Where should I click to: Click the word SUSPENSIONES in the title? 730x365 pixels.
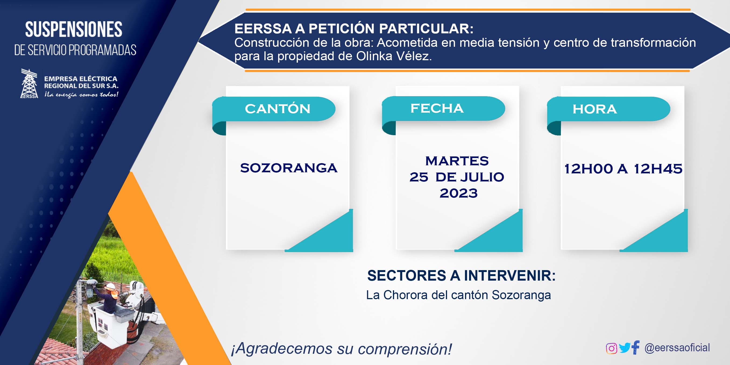tap(74, 30)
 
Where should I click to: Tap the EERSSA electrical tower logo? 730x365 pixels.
tap(29, 84)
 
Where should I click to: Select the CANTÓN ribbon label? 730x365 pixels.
tap(278, 109)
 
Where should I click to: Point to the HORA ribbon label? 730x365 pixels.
tap(595, 109)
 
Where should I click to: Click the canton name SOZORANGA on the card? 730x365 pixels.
tap(289, 168)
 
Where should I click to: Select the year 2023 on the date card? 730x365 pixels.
tap(459, 194)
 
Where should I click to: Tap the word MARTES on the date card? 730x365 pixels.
tap(457, 161)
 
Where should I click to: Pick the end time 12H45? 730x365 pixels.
tap(658, 169)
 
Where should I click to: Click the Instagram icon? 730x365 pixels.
tap(611, 348)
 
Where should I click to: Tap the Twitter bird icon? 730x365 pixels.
tap(625, 348)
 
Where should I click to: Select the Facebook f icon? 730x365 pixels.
tap(636, 347)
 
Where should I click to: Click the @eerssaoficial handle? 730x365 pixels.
tap(677, 348)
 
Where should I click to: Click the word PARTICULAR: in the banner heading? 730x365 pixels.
tap(426, 28)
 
